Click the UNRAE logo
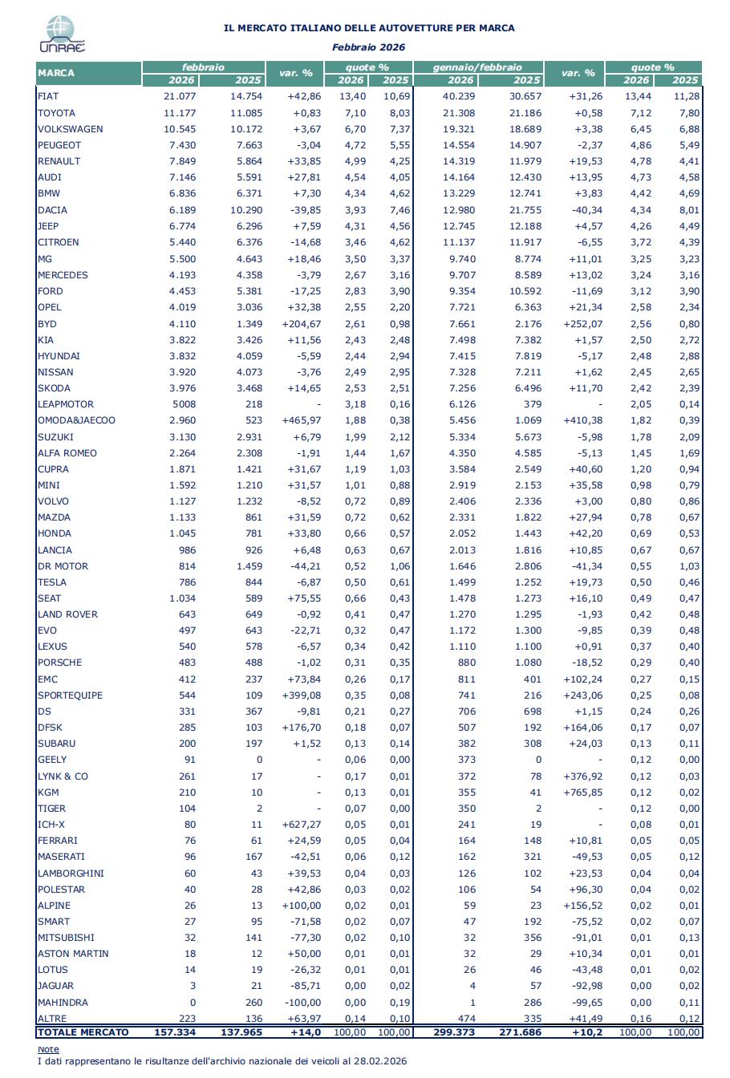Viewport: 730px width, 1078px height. tap(62, 35)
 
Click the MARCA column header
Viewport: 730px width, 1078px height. tap(56, 73)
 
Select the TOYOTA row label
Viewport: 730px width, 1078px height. tap(56, 113)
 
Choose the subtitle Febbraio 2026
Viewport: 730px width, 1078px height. tap(369, 47)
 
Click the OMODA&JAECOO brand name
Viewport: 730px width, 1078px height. tap(77, 420)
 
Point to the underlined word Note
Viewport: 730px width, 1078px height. tap(48, 1049)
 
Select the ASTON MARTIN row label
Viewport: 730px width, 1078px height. tap(73, 954)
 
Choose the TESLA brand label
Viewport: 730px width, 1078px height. tap(52, 582)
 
